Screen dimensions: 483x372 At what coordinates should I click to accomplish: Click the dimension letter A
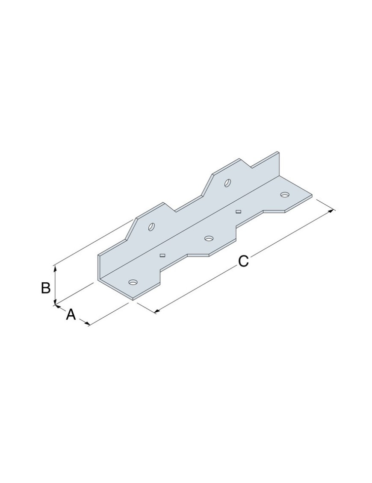71,315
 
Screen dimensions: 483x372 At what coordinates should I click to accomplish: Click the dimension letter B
46,288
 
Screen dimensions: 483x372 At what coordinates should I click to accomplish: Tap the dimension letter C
243,261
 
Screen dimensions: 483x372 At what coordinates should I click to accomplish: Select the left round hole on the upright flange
151,226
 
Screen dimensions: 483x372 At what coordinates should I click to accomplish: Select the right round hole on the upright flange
227,183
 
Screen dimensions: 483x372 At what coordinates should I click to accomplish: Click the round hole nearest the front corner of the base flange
133,282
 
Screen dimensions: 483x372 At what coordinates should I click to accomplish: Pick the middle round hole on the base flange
209,238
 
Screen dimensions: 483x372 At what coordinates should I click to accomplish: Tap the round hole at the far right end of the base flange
284,195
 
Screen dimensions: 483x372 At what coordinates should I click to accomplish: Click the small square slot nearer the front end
162,255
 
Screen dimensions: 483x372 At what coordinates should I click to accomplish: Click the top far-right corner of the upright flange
278,152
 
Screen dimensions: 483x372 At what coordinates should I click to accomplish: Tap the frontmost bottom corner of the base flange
133,300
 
